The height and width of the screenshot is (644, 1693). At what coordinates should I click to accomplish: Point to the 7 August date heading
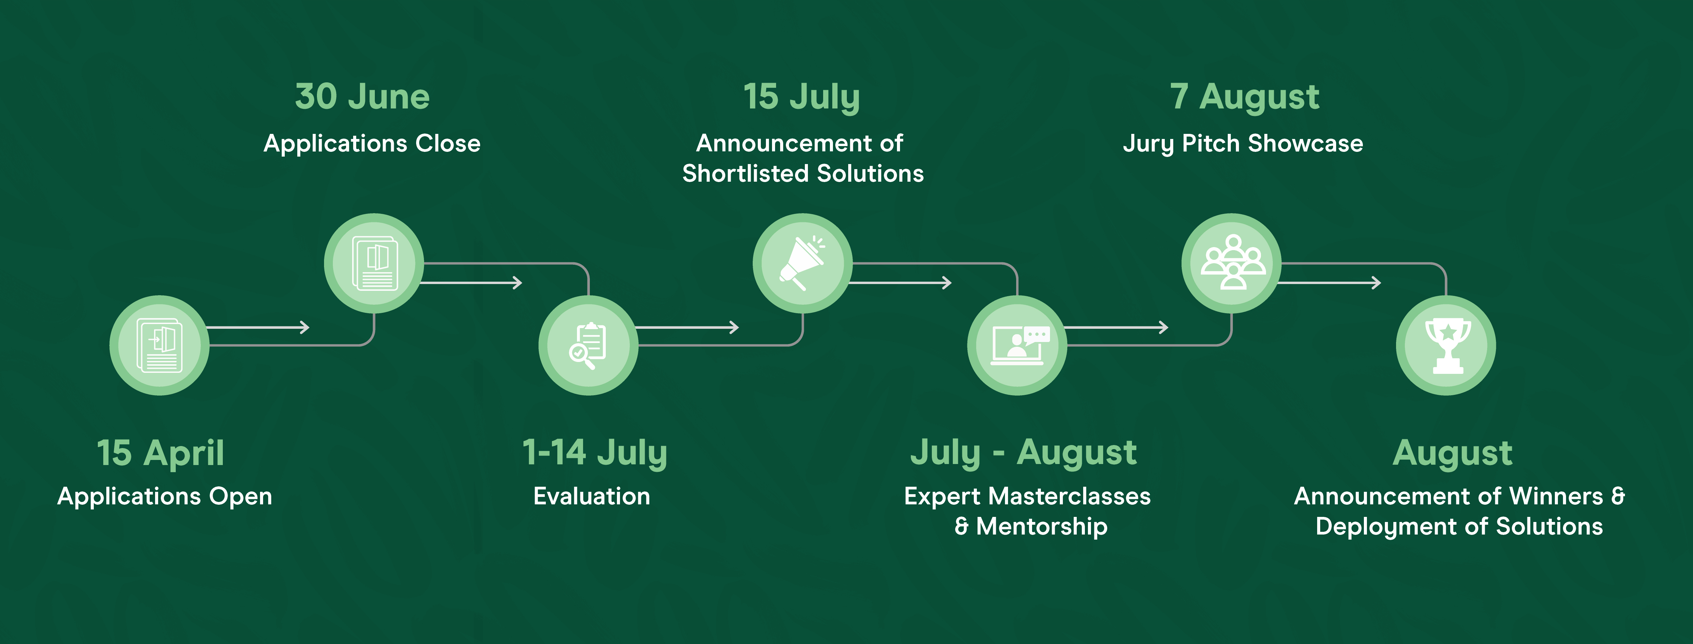(1244, 97)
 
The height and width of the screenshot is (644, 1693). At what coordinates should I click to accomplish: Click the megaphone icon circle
(802, 263)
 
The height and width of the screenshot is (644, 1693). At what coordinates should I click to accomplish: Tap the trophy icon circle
(1446, 345)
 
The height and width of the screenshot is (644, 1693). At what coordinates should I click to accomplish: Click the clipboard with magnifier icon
(587, 345)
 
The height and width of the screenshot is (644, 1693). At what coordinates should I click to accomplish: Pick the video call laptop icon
(1017, 345)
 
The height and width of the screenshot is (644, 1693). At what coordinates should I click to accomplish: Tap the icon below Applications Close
(374, 263)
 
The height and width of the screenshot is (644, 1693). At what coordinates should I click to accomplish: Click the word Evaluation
(592, 496)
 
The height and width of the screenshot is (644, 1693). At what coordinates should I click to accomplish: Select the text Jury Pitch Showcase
(1243, 143)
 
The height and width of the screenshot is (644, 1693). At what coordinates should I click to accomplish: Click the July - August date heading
(1023, 453)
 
